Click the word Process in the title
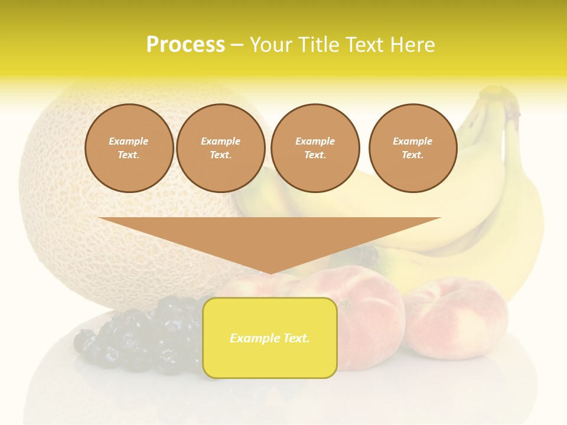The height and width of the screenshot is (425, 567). click(185, 45)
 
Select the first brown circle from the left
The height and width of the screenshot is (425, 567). click(129, 148)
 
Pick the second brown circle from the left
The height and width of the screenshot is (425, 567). click(220, 148)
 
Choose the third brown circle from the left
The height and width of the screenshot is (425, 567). click(315, 148)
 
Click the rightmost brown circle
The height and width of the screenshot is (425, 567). click(412, 148)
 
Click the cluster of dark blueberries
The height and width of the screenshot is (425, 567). click(142, 336)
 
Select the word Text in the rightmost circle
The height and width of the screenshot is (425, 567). click(412, 155)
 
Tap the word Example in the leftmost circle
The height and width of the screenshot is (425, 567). click(129, 142)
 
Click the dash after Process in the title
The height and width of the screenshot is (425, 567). click(237, 45)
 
